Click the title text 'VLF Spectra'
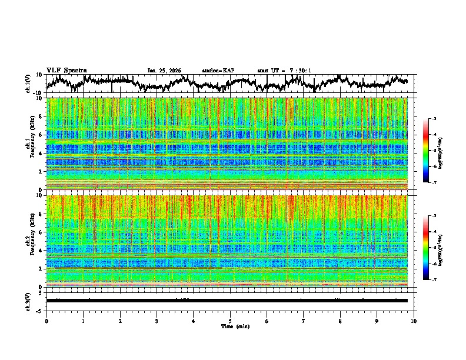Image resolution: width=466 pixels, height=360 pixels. click(x=66, y=70)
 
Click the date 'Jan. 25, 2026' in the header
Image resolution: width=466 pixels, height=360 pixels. click(x=164, y=71)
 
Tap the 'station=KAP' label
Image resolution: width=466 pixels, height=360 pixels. click(x=218, y=71)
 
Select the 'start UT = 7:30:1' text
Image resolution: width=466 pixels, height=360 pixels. click(x=284, y=71)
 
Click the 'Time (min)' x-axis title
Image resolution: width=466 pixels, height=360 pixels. click(x=230, y=326)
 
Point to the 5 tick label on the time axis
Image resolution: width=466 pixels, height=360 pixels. click(x=230, y=321)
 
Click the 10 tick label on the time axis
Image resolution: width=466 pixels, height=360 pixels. click(x=414, y=321)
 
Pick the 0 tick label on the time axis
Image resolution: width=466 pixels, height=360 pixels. click(x=46, y=321)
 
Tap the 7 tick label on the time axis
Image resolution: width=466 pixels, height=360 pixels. click(x=304, y=321)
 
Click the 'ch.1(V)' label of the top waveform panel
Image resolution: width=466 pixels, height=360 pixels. click(x=28, y=84)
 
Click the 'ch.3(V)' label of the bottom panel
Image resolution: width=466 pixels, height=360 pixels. click(x=28, y=300)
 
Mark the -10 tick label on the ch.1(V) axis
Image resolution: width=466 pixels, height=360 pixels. click(x=37, y=93)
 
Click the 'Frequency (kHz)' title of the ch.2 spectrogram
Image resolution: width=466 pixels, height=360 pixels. click(x=31, y=241)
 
